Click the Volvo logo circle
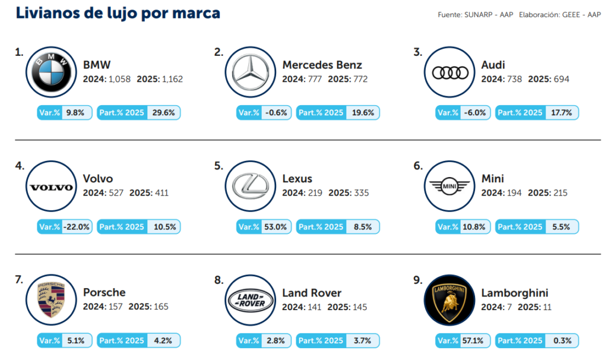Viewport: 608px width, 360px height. click(52, 187)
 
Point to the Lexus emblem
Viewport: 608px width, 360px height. click(251, 187)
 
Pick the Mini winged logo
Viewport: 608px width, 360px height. click(450, 187)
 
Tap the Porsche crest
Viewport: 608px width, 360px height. click(52, 300)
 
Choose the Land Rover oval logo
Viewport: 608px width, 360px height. click(251, 300)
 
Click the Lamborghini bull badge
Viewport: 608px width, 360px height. click(450, 300)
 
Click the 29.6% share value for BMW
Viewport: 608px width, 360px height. click(163, 112)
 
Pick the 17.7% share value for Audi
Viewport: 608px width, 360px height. click(562, 112)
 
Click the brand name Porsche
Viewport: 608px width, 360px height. click(104, 293)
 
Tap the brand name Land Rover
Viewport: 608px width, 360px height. click(312, 293)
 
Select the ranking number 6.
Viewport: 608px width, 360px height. click(417, 166)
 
